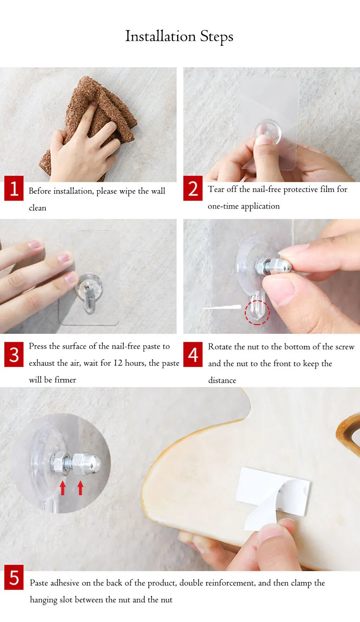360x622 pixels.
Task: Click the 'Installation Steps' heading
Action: click(x=179, y=36)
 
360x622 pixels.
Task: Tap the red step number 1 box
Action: click(x=14, y=188)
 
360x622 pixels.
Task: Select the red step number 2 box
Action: click(x=193, y=188)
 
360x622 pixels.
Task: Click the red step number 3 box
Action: click(x=14, y=354)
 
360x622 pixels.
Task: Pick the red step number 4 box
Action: click(x=193, y=354)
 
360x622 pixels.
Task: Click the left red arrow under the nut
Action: click(x=63, y=488)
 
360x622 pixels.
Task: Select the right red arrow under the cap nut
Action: click(x=80, y=488)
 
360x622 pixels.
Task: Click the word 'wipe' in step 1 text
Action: click(x=127, y=192)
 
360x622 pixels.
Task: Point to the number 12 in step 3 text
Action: click(x=118, y=363)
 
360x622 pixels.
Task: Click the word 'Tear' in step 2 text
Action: click(x=216, y=189)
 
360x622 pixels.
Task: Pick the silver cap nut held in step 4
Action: click(x=280, y=265)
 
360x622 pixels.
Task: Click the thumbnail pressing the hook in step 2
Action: click(x=264, y=140)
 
